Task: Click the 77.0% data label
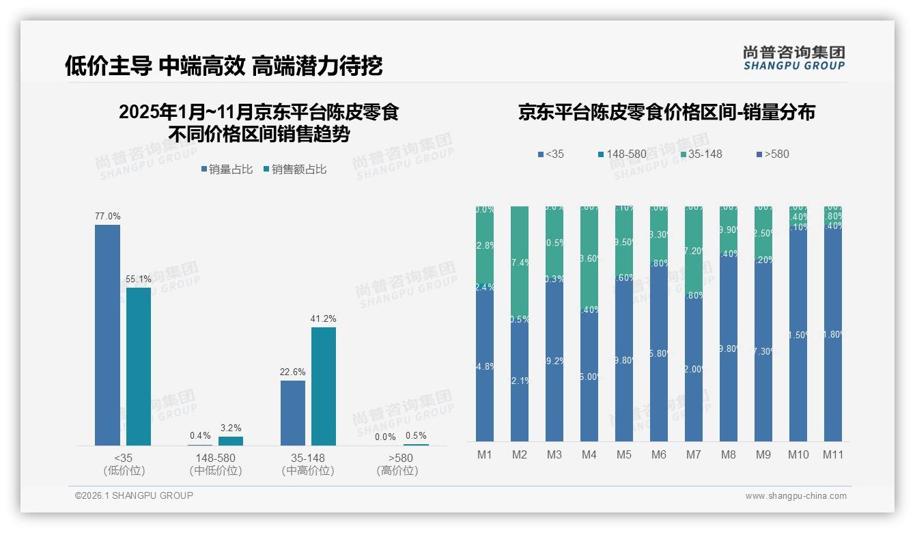(107, 216)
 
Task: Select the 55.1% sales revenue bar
(139, 366)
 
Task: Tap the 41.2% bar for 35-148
(324, 386)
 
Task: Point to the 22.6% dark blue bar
(293, 413)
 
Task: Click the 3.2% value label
(230, 428)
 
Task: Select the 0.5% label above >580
(416, 436)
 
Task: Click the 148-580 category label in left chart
(215, 458)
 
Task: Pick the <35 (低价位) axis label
(124, 464)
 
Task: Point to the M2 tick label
(520, 455)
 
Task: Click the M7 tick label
(694, 455)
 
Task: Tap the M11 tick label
(833, 455)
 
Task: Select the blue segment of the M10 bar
(798, 335)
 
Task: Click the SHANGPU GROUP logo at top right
(793, 58)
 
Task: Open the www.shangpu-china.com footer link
(796, 496)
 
